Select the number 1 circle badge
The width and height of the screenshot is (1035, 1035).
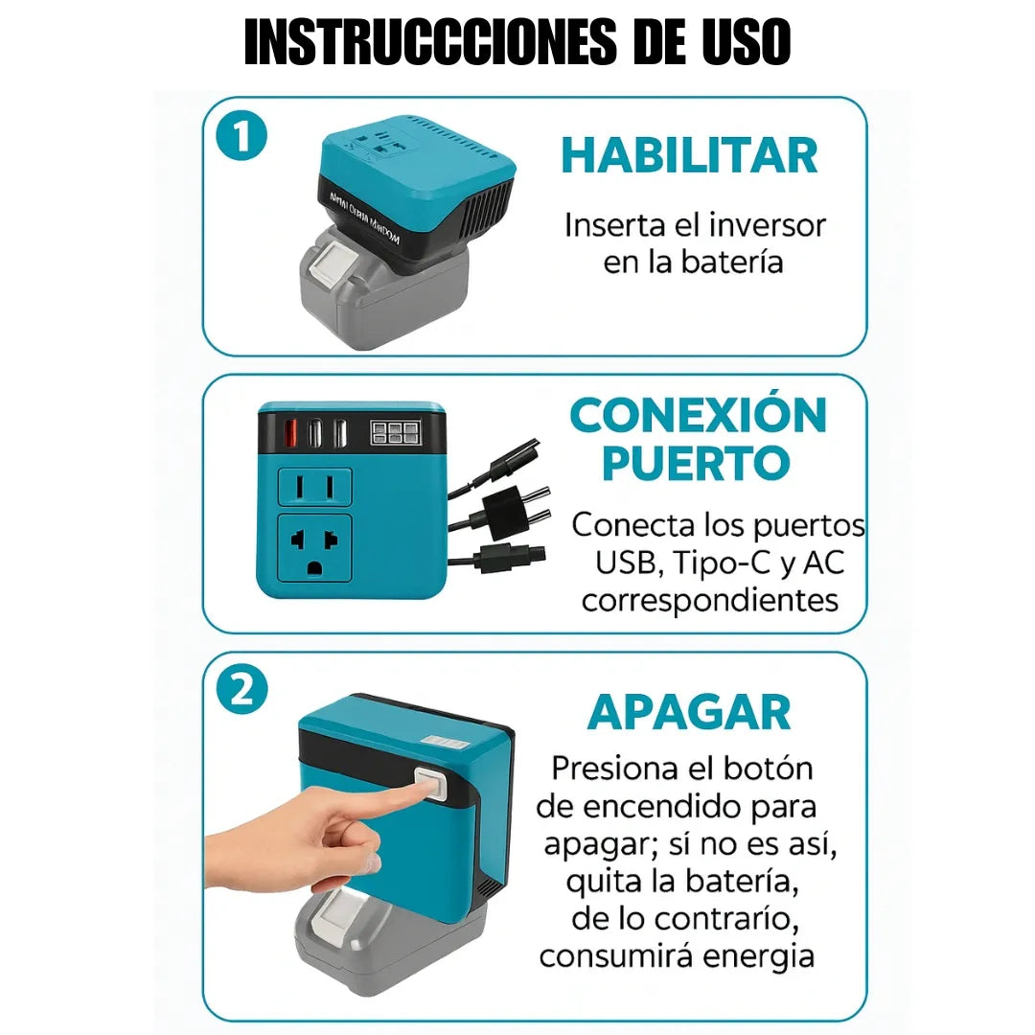click(241, 137)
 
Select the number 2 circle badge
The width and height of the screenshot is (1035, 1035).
click(241, 692)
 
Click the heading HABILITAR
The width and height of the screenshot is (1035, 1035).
click(690, 156)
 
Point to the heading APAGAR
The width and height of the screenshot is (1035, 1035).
click(689, 712)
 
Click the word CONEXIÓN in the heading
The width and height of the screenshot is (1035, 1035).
click(698, 416)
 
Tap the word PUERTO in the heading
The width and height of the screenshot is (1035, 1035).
click(696, 463)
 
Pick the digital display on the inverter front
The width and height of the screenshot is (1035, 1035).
click(393, 433)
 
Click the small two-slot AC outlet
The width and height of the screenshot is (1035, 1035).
click(314, 487)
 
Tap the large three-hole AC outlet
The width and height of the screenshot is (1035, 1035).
click(314, 548)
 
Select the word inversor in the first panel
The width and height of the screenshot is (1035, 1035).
click(768, 225)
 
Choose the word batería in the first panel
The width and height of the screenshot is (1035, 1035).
click(728, 262)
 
